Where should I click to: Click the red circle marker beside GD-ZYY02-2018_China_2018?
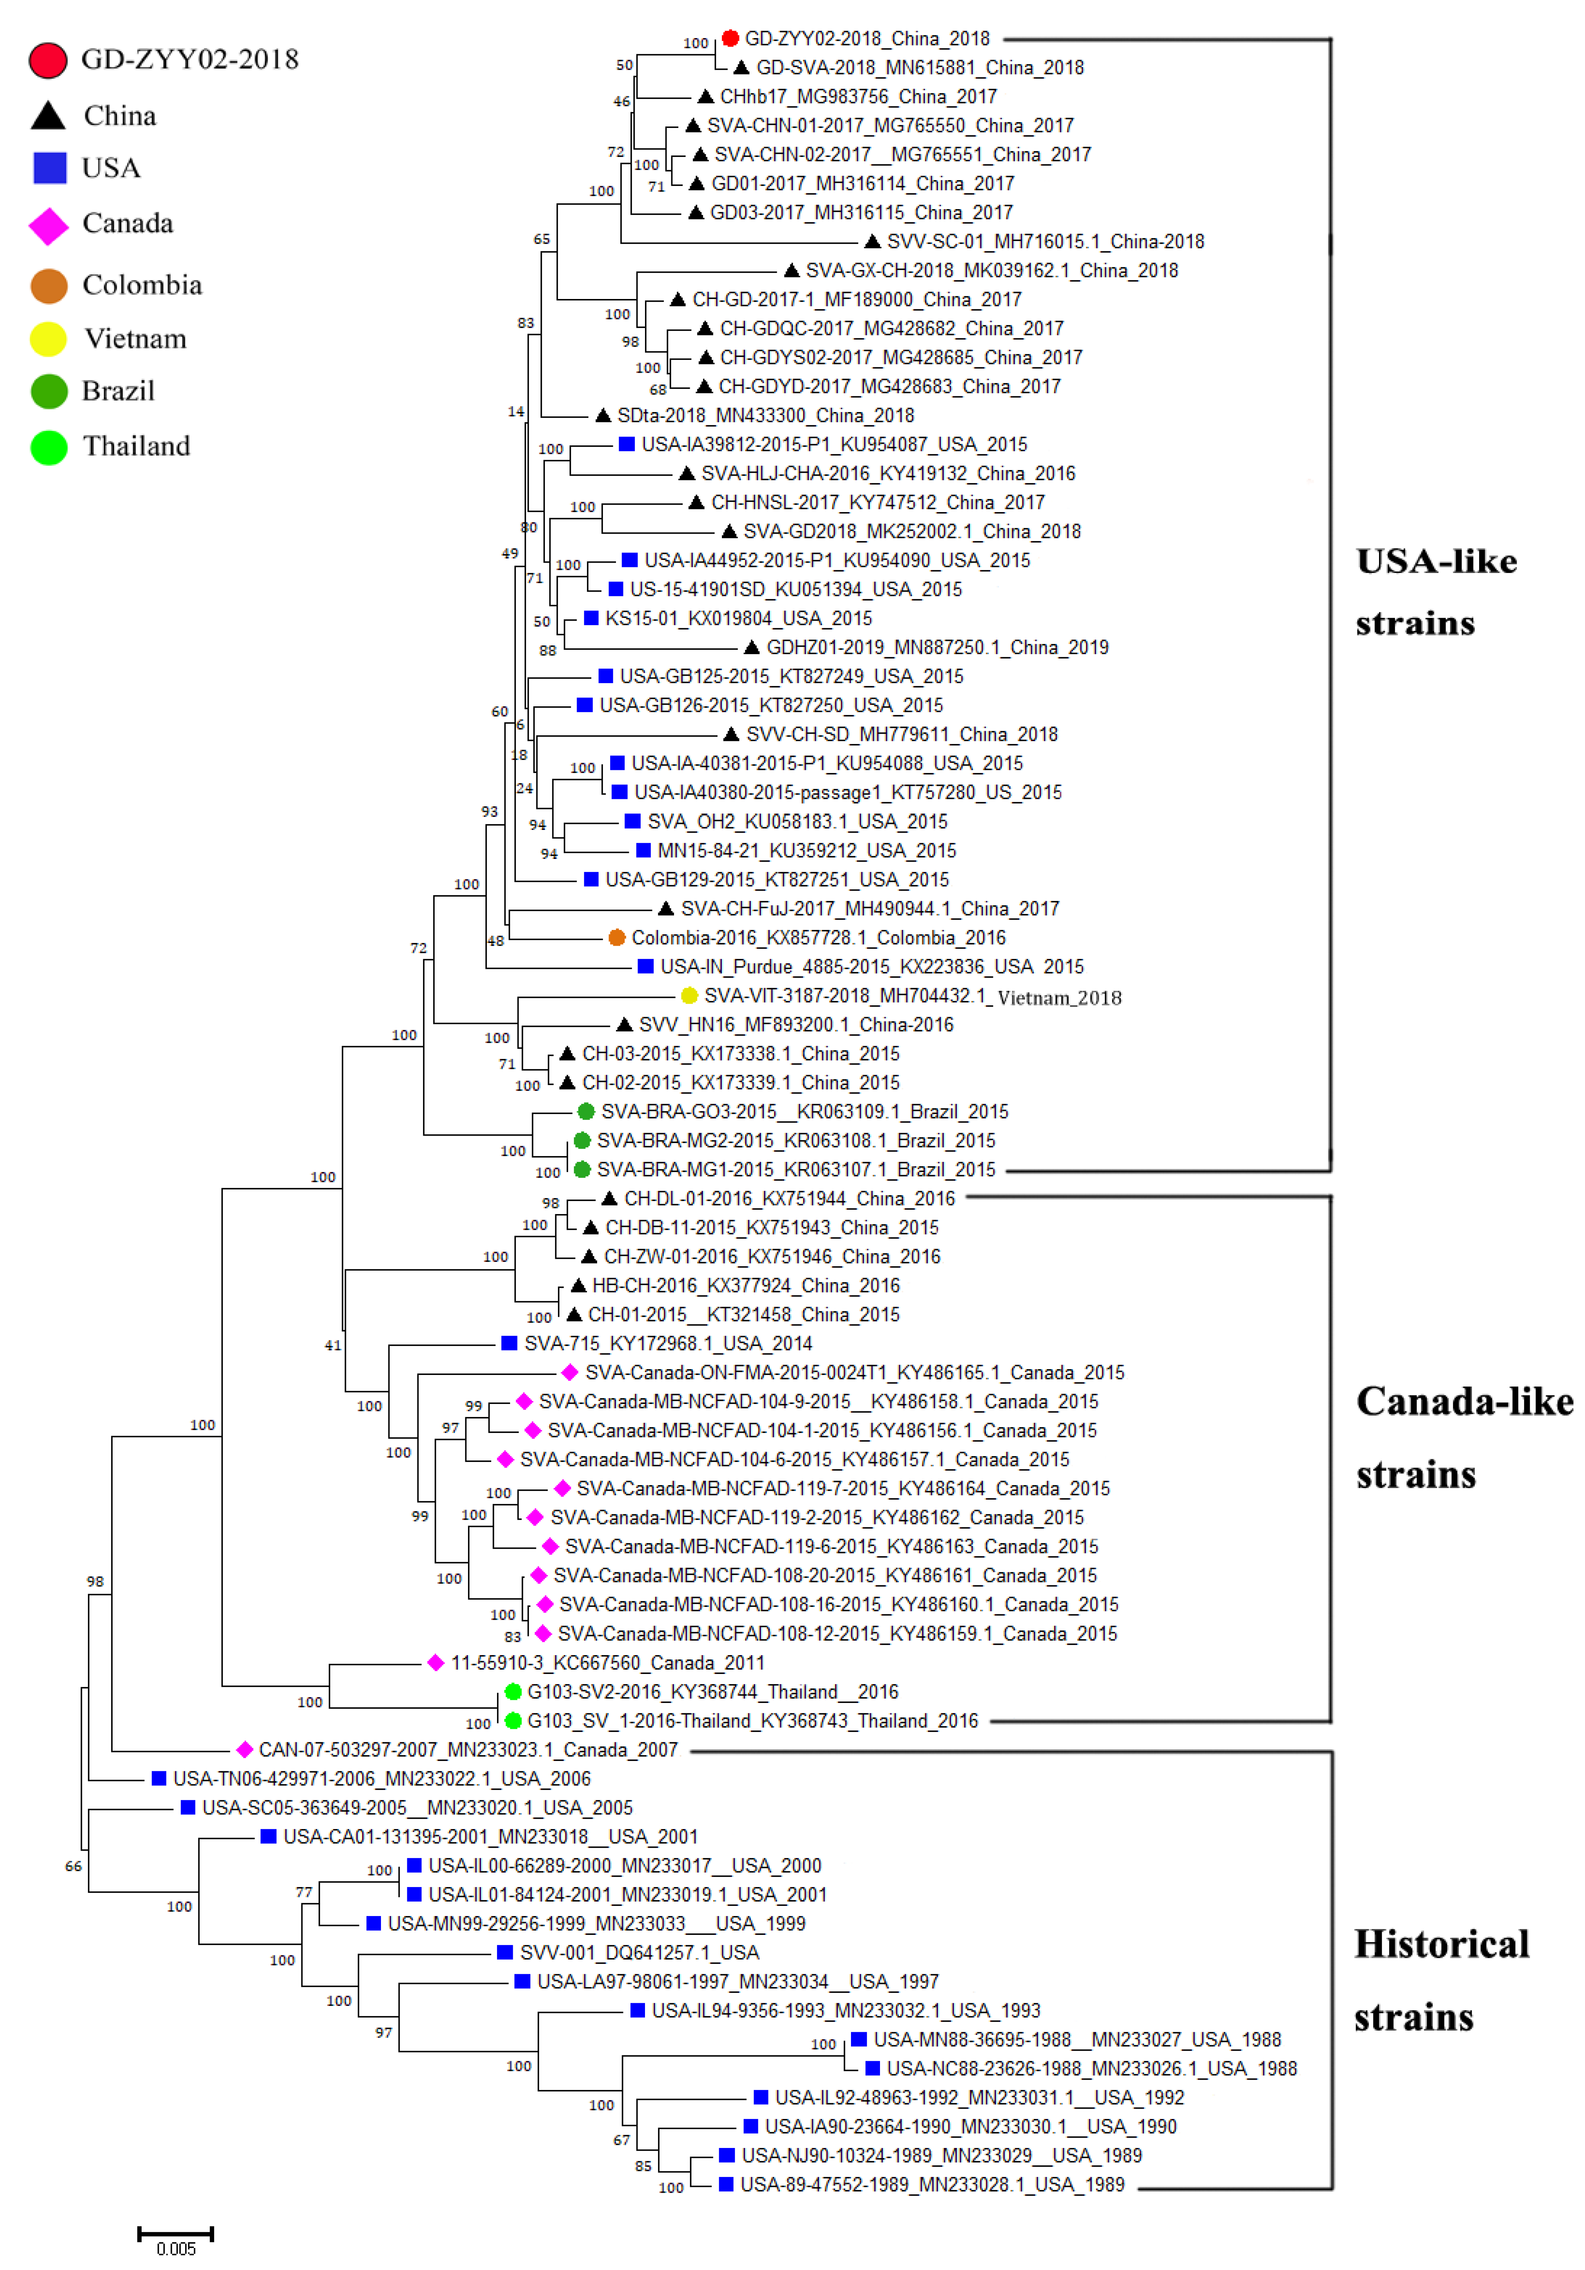[730, 38]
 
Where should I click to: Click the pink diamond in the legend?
[48, 225]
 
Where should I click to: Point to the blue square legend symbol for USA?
[49, 168]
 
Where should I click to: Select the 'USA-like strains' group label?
[1436, 591]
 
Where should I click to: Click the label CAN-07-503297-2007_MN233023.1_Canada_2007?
[468, 1750]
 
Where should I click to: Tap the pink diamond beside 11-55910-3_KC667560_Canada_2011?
[435, 1663]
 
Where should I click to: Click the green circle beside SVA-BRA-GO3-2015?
[585, 1111]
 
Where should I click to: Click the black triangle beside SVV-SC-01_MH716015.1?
[872, 241]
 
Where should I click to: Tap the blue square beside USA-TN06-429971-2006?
[158, 1779]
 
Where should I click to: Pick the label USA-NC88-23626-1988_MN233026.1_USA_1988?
[1091, 2068]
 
